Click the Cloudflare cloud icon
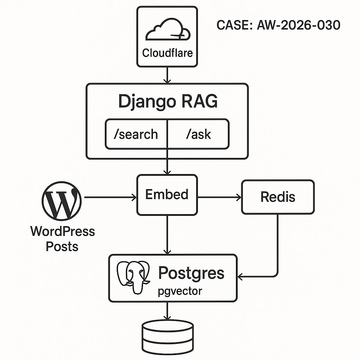(x=168, y=30)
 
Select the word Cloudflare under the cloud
(x=167, y=53)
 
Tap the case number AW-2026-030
(x=278, y=25)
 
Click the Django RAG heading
(x=168, y=101)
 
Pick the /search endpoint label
(x=136, y=134)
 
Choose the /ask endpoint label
(x=198, y=134)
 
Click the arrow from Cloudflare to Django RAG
(x=167, y=75)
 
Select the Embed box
(x=167, y=194)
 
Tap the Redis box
(x=278, y=197)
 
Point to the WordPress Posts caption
(x=62, y=238)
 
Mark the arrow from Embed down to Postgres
(x=167, y=234)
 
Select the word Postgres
(x=191, y=273)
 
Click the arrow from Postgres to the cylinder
(x=167, y=311)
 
